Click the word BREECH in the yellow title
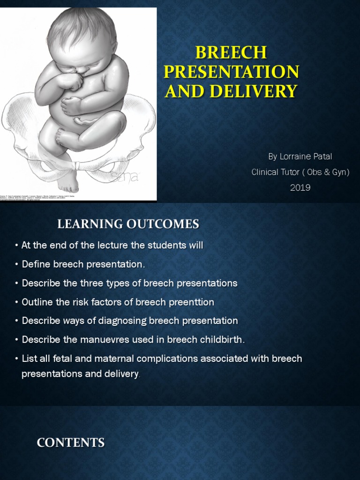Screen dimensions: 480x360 [x=232, y=52]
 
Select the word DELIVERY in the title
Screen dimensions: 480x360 [x=254, y=90]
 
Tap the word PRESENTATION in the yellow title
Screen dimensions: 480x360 [x=232, y=72]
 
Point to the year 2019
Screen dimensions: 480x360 [x=300, y=187]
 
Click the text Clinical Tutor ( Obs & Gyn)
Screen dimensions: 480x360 [x=300, y=172]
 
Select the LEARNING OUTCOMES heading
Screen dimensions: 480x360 [x=128, y=225]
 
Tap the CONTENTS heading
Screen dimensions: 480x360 [x=71, y=442]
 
